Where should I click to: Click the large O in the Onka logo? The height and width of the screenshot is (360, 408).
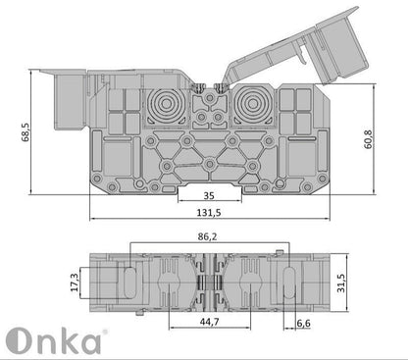pos(23,340)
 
